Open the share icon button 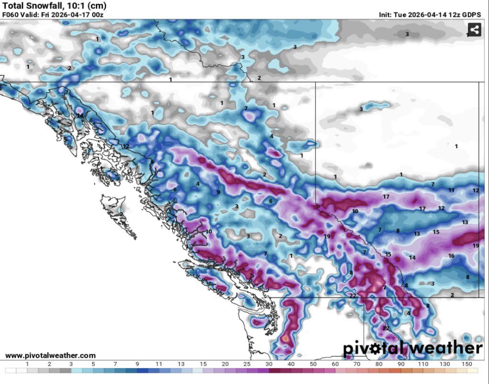[474, 31]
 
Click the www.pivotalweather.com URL [50, 355]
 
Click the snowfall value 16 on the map [451, 256]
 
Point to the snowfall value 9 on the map [218, 192]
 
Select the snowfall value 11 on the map [451, 190]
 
